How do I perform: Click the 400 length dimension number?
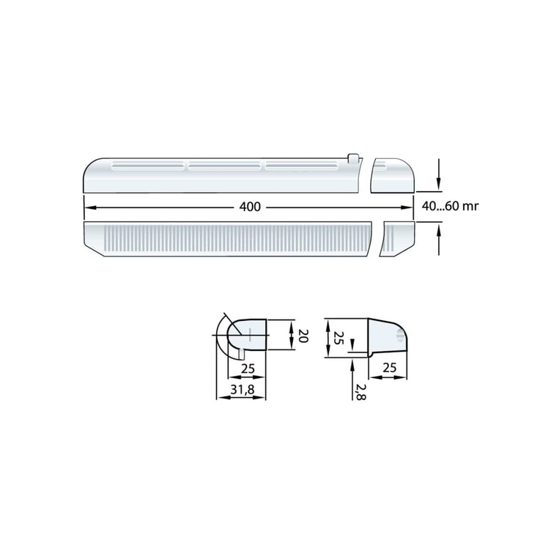(x=250, y=207)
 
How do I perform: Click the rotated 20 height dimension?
(x=302, y=337)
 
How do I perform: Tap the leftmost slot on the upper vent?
(x=147, y=167)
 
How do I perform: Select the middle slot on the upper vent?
(x=223, y=167)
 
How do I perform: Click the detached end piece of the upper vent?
(x=393, y=177)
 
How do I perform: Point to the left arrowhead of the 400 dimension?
(x=87, y=207)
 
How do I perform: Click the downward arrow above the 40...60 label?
(x=438, y=182)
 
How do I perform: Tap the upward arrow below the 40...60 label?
(x=438, y=233)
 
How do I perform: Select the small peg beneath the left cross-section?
(x=241, y=353)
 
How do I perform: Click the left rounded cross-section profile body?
(x=249, y=335)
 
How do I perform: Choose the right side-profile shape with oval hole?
(x=387, y=338)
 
